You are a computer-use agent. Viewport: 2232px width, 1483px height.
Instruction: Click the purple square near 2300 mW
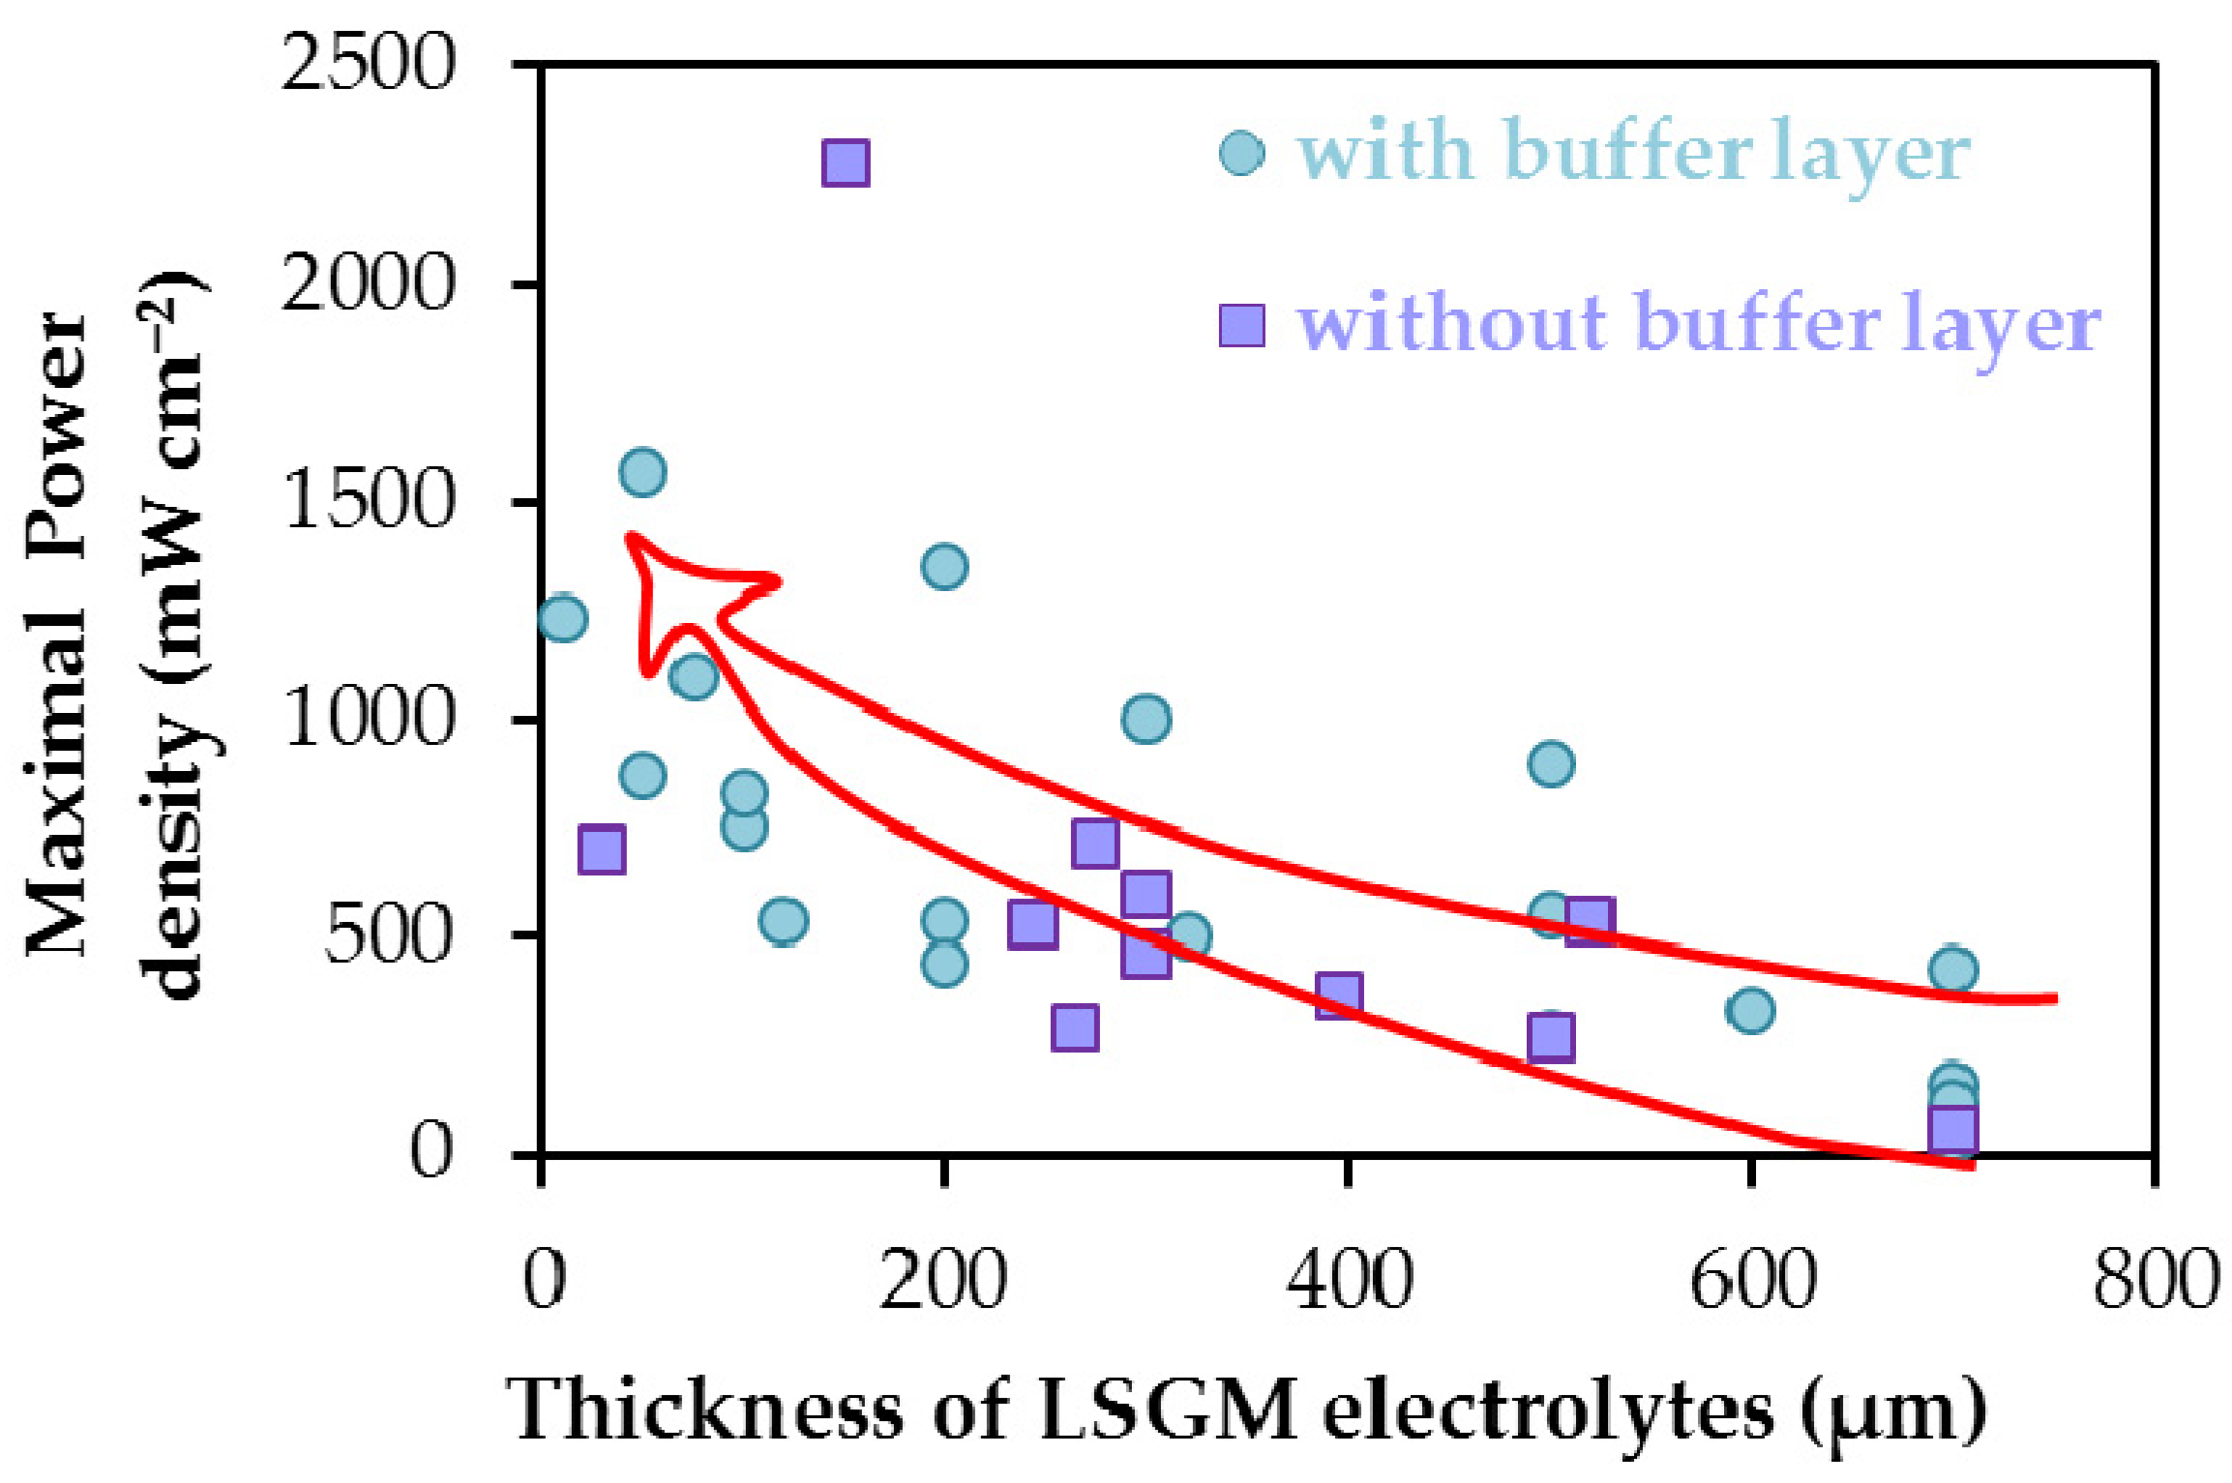point(845,163)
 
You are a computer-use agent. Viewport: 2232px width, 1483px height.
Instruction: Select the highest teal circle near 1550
point(642,472)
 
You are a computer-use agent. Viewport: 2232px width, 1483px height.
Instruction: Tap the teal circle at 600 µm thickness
point(1749,1011)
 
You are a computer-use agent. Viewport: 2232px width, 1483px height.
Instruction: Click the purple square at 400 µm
point(1339,994)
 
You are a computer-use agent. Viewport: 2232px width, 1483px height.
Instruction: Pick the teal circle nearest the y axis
point(562,617)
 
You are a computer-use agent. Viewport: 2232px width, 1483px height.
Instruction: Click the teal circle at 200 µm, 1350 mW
point(944,566)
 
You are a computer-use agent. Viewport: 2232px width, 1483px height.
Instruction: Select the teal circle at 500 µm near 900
point(1551,764)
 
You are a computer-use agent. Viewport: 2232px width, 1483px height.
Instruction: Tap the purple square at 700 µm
point(1952,1129)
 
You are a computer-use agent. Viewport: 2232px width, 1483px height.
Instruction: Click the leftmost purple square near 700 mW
point(601,850)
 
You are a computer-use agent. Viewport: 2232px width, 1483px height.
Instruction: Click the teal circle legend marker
point(1241,153)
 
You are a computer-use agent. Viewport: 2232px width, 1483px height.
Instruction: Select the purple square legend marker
point(1241,325)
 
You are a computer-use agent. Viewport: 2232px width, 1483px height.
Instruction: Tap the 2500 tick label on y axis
point(368,63)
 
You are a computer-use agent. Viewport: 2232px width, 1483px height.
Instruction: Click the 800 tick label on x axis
point(2156,1279)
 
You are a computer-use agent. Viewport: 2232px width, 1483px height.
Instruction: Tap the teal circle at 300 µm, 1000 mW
point(1146,719)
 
